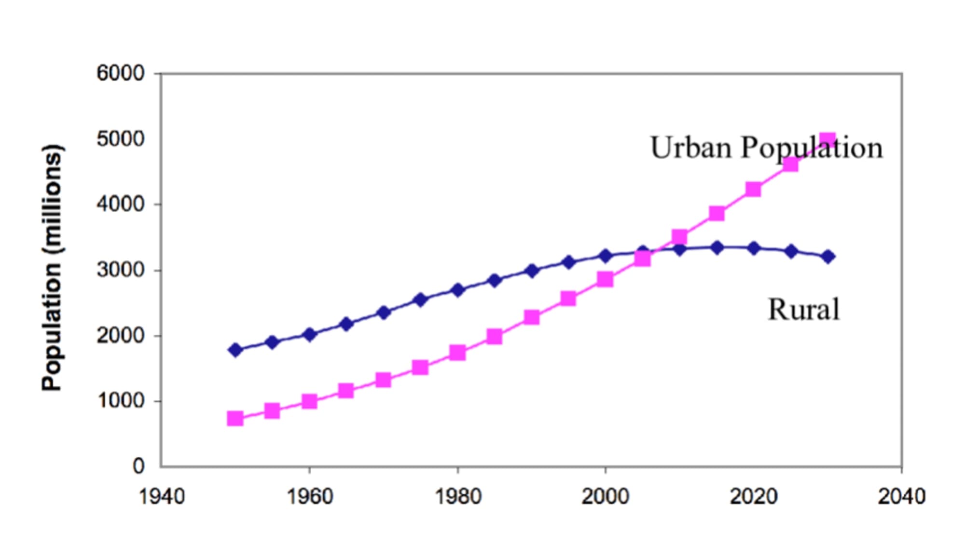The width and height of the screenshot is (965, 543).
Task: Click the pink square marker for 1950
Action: click(x=235, y=418)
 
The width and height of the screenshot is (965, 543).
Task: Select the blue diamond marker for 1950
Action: click(x=235, y=350)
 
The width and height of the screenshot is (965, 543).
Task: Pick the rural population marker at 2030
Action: click(x=828, y=257)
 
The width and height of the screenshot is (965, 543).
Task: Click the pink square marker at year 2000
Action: click(x=605, y=279)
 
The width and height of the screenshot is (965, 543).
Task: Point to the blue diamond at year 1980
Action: click(x=457, y=290)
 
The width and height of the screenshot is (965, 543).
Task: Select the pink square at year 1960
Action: click(x=309, y=401)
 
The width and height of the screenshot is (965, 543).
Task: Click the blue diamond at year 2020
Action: click(x=754, y=249)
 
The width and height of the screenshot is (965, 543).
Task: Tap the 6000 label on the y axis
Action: click(x=120, y=74)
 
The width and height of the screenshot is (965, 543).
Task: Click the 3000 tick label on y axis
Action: click(x=120, y=270)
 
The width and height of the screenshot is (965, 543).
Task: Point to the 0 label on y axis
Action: click(x=138, y=466)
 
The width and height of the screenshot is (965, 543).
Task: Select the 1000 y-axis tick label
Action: click(x=120, y=401)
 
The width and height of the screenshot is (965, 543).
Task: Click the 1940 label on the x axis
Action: click(x=162, y=497)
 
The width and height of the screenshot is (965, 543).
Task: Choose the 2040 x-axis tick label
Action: click(x=901, y=497)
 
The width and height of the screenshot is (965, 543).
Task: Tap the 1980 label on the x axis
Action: click(x=458, y=497)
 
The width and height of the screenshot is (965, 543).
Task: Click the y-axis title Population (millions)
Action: click(x=52, y=268)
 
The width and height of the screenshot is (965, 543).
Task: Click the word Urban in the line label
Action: click(x=691, y=148)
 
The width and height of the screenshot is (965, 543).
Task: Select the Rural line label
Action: click(x=803, y=310)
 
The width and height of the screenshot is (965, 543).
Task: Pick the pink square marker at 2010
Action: click(x=679, y=237)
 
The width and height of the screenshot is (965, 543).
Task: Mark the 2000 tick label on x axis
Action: click(x=605, y=497)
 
